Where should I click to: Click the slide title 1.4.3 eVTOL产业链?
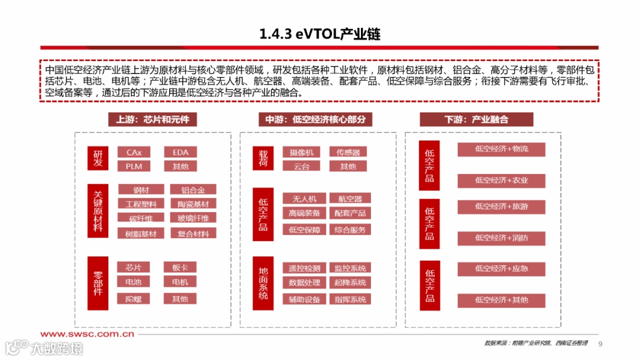coord(319,34)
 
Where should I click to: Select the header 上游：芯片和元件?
coord(152,120)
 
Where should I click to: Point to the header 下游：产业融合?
coord(476,120)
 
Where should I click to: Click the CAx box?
coord(134,152)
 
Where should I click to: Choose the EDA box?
coord(180,152)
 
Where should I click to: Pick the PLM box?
coord(134,166)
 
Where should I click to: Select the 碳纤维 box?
coord(141,218)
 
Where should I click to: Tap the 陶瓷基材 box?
coord(193,204)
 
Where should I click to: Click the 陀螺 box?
coord(134,299)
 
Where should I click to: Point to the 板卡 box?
coord(180,268)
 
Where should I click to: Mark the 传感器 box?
coord(348,152)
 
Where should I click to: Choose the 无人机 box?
coord(304,198)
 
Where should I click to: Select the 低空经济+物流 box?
coord(501,149)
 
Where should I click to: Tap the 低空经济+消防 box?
coord(501,238)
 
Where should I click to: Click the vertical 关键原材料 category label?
coord(98,211)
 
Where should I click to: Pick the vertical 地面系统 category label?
coord(263,283)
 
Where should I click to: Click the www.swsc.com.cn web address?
coord(87,335)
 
